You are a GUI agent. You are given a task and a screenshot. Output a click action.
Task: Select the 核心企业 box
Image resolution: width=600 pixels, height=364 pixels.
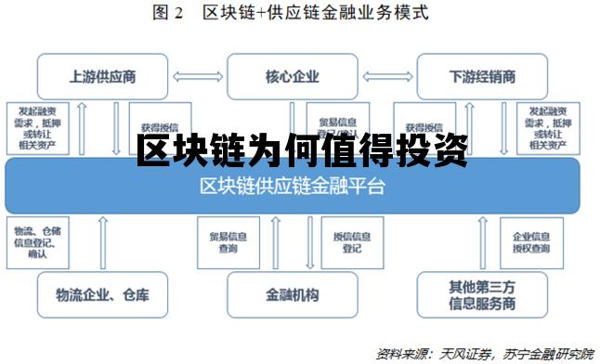(x=293, y=77)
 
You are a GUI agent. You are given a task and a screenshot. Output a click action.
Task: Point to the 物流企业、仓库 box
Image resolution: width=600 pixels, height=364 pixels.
(x=102, y=295)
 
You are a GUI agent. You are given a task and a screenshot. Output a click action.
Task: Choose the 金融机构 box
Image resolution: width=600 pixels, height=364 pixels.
(x=293, y=295)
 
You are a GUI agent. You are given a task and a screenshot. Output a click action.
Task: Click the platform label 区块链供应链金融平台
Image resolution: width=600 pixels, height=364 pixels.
(x=293, y=186)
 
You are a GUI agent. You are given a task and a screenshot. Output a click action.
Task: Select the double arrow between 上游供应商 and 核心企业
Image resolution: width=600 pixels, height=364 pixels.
(x=197, y=77)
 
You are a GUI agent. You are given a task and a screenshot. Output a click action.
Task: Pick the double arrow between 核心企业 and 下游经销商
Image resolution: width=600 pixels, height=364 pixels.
(x=387, y=77)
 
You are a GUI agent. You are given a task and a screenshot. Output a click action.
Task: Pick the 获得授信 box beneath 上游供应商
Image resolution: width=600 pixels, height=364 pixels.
(x=154, y=127)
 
